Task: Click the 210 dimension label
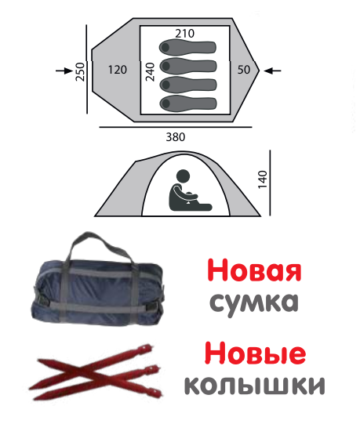pyautogui.click(x=184, y=34)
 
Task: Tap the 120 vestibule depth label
pyautogui.click(x=118, y=70)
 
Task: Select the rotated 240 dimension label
pyautogui.click(x=150, y=71)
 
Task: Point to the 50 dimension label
pyautogui.click(x=244, y=70)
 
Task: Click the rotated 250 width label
pyautogui.click(x=80, y=71)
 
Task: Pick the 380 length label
pyautogui.click(x=176, y=137)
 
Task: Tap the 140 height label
pyautogui.click(x=262, y=179)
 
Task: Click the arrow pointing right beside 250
pyautogui.click(x=64, y=71)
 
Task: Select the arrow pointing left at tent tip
pyautogui.click(x=272, y=71)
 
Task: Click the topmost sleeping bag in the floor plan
pyautogui.click(x=187, y=47)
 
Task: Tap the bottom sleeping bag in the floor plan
pyautogui.click(x=188, y=103)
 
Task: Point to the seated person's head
pyautogui.click(x=183, y=176)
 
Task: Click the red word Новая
pyautogui.click(x=254, y=270)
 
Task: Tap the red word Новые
pyautogui.click(x=255, y=353)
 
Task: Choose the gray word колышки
pyautogui.click(x=254, y=385)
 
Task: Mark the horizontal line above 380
pyautogui.click(x=176, y=127)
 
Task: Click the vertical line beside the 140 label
pyautogui.click(x=270, y=183)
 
